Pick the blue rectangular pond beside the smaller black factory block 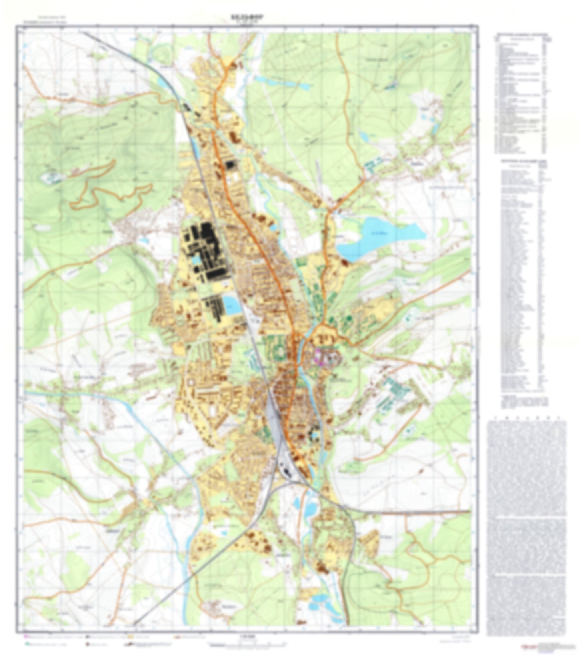232,306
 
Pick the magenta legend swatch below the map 26,635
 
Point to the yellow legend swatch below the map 131,635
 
